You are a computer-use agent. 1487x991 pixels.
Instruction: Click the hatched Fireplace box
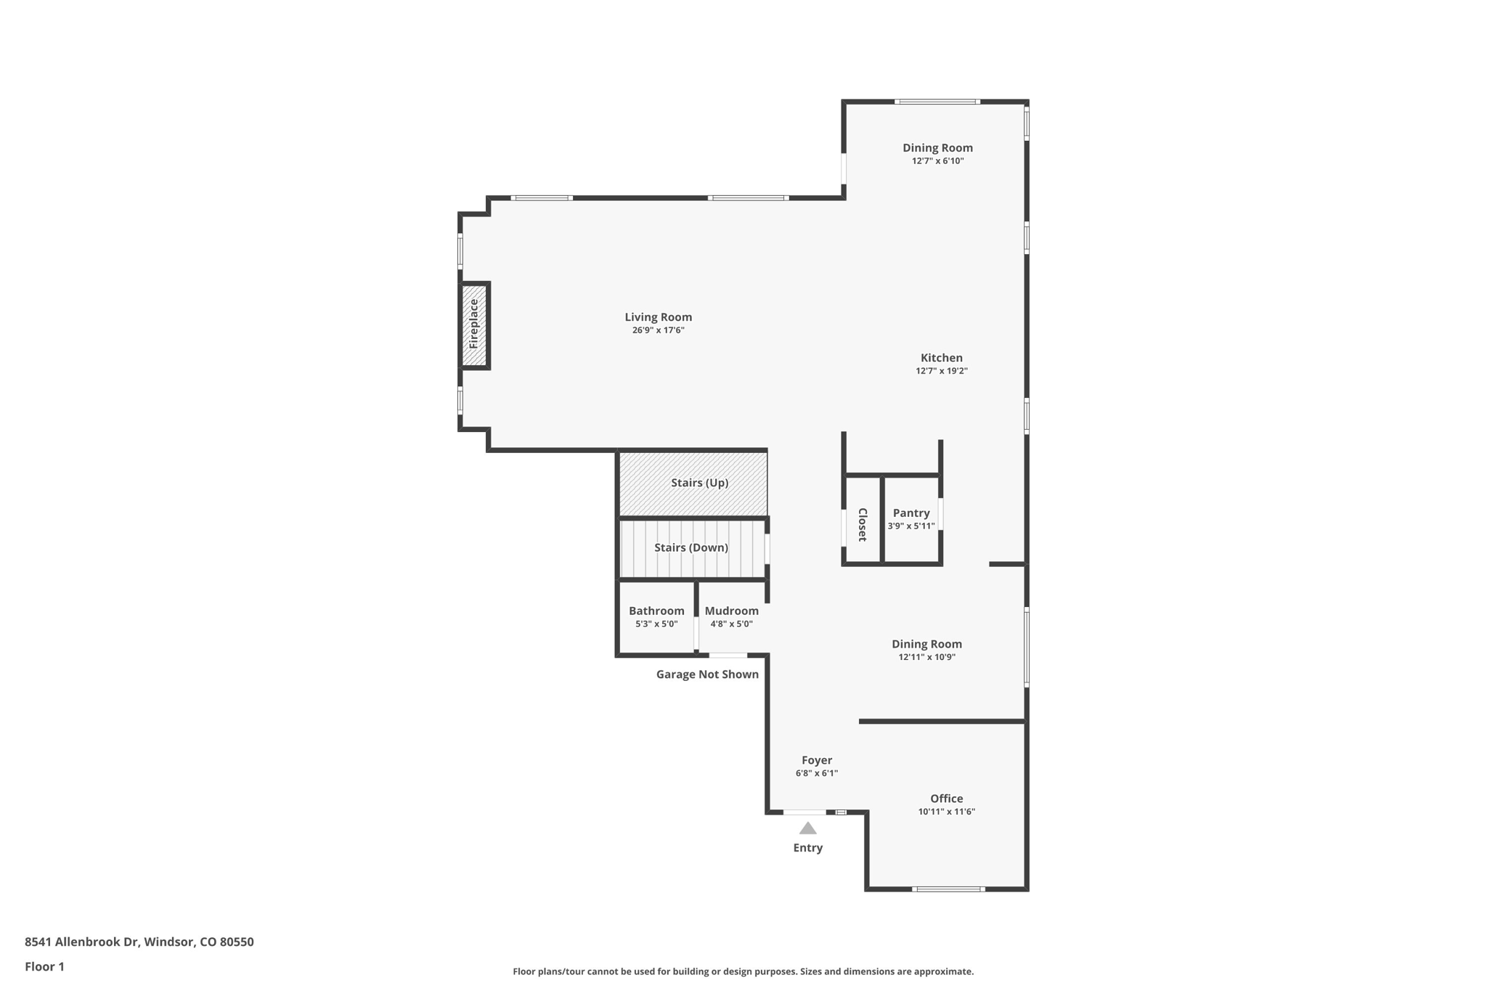coord(474,325)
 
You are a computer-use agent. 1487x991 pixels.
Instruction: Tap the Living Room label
coord(658,317)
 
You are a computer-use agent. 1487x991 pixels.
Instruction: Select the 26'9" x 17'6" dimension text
coord(658,330)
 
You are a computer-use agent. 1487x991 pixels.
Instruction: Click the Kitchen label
coord(941,358)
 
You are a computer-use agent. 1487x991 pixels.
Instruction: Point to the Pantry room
coord(910,518)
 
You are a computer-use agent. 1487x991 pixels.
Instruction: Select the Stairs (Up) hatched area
coord(698,483)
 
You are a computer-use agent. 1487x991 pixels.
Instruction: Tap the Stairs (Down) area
coord(690,547)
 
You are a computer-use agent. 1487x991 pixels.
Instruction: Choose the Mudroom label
coord(731,611)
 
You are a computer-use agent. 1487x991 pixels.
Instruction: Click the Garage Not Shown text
coord(707,674)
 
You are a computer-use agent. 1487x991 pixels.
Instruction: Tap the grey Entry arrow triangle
coord(807,828)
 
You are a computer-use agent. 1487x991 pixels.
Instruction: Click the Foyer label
coord(817,761)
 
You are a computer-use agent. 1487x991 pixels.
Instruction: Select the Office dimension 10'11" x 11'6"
coord(946,812)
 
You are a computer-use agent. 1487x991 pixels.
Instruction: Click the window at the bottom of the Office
coord(948,889)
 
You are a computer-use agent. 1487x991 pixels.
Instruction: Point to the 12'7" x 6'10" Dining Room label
coord(937,148)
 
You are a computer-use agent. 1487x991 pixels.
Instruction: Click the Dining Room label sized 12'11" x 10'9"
coord(926,644)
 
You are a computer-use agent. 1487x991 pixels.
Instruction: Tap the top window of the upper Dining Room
coord(937,102)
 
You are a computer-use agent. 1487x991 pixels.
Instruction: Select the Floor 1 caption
coord(44,967)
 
